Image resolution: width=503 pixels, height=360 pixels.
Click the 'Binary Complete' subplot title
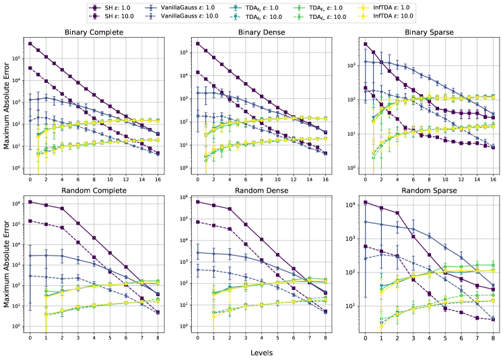click(x=94, y=32)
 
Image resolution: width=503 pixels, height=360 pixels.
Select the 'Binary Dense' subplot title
click(x=260, y=32)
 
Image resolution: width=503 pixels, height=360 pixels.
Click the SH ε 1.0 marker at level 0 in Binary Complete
click(x=30, y=44)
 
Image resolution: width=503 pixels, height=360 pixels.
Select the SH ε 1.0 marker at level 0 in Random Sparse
click(x=365, y=202)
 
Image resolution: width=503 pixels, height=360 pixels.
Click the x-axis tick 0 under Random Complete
click(x=30, y=337)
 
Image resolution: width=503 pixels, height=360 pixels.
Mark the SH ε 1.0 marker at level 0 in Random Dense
click(x=197, y=202)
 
